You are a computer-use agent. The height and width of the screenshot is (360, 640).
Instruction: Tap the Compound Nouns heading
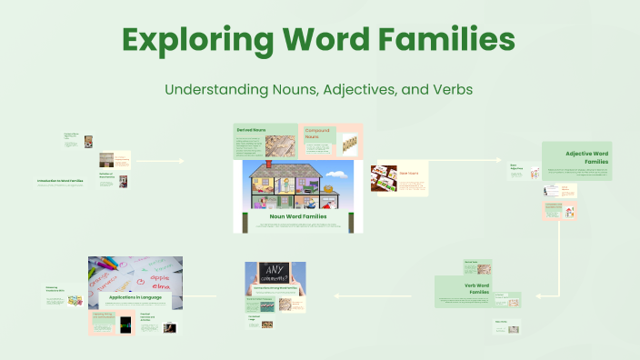coord(317,133)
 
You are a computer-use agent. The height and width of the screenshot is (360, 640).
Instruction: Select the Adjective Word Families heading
coord(586,157)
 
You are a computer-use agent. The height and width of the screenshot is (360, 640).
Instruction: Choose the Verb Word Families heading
coord(477,290)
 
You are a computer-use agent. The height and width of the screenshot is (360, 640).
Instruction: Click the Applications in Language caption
coord(136,297)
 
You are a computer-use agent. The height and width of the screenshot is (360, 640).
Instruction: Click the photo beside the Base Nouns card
coord(384,178)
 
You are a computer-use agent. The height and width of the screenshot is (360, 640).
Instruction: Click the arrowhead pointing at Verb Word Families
coord(536,295)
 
